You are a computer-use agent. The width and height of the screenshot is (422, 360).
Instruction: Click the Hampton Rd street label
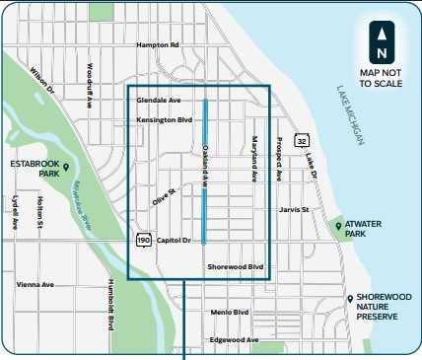tap(158, 44)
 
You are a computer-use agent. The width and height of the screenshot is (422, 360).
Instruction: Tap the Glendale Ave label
tap(159, 101)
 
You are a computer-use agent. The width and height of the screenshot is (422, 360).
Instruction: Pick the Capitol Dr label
tap(174, 239)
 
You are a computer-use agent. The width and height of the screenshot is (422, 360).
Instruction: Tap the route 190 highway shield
tap(143, 240)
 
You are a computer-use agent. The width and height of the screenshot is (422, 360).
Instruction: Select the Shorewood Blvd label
tap(236, 266)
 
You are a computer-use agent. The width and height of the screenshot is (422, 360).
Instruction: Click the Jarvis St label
tap(294, 209)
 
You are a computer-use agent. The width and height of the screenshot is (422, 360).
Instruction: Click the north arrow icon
tap(380, 39)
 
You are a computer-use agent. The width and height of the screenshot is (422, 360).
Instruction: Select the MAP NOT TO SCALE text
tap(380, 77)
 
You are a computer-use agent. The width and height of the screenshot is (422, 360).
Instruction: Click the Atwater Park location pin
tap(338, 227)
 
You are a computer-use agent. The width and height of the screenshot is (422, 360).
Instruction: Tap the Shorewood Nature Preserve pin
tap(349, 298)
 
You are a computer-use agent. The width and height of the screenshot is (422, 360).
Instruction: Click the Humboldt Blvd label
tap(108, 302)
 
